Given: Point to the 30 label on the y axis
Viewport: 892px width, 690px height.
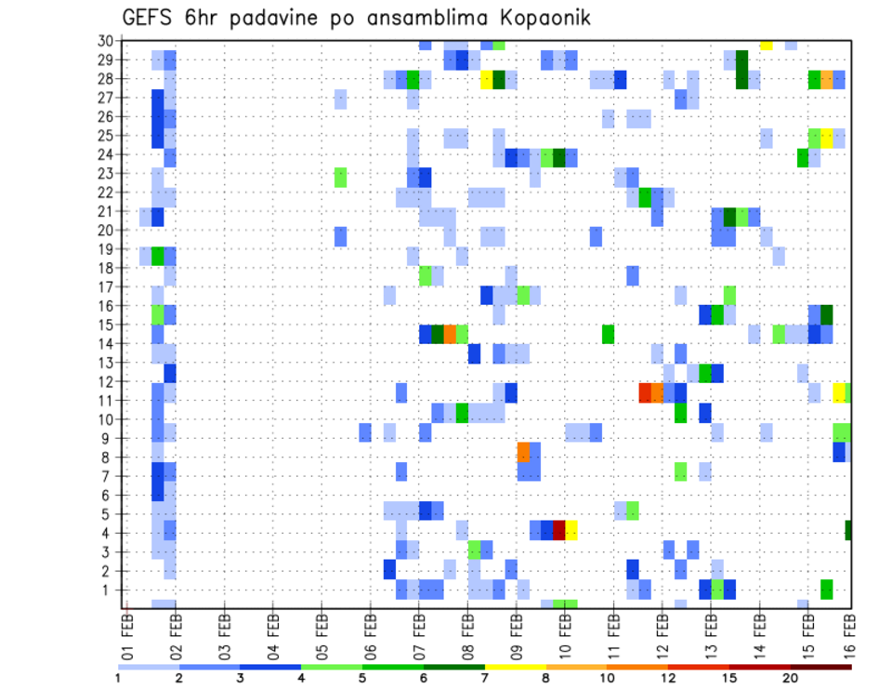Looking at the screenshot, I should pyautogui.click(x=105, y=40).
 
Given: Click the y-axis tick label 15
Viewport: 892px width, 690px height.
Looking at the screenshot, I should pyautogui.click(x=105, y=325).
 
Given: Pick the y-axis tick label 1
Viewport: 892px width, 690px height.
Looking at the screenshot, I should pyautogui.click(x=108, y=590).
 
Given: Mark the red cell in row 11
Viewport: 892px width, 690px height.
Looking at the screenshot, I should pyautogui.click(x=645, y=392).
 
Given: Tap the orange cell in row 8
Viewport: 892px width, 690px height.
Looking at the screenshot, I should pyautogui.click(x=523, y=452).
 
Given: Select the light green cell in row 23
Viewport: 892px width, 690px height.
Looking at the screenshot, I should pyautogui.click(x=340, y=176).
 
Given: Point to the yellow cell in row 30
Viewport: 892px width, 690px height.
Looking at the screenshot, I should pyautogui.click(x=766, y=44).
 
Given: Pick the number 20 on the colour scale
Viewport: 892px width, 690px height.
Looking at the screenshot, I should pyautogui.click(x=791, y=676).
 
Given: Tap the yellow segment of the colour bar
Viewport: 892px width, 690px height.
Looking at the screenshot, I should pyautogui.click(x=516, y=666).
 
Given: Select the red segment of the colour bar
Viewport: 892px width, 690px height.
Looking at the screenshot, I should pyautogui.click(x=699, y=666).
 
